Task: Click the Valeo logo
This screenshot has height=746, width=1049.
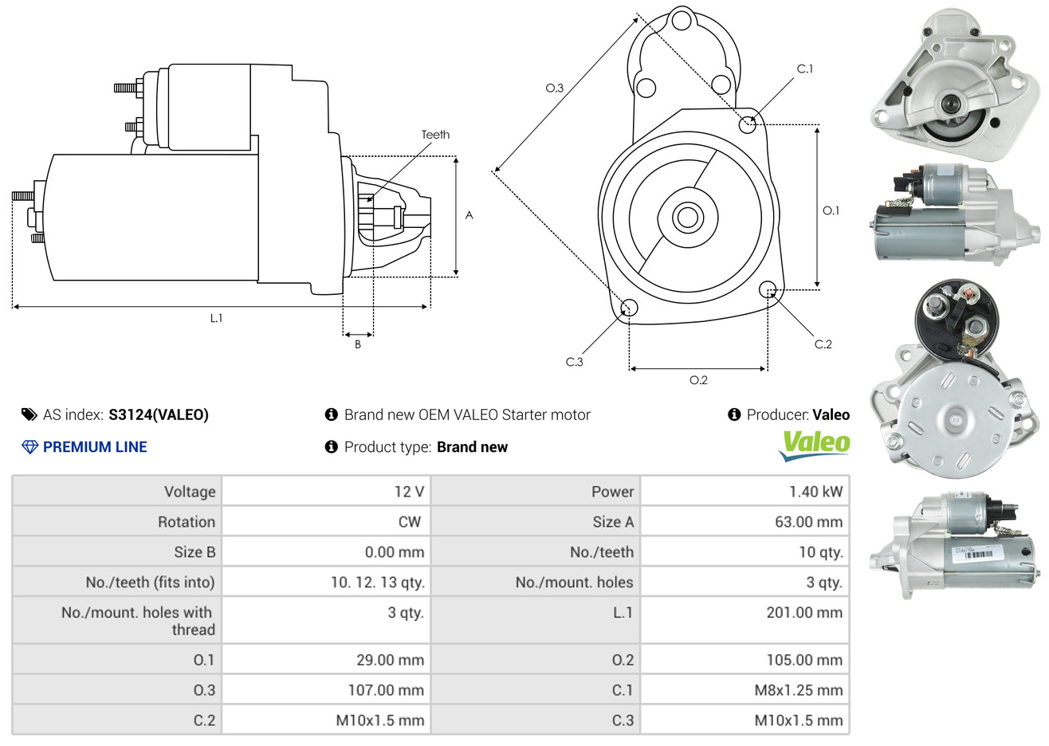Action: pyautogui.click(x=814, y=445)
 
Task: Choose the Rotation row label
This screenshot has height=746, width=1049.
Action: pyautogui.click(x=187, y=522)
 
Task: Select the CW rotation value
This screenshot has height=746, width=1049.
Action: pyautogui.click(x=409, y=522)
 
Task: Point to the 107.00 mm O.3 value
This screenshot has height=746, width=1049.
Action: pyautogui.click(x=386, y=690)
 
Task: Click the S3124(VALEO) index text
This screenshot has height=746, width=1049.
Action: pyautogui.click(x=159, y=414)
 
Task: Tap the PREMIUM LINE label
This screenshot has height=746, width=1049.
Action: pyautogui.click(x=95, y=447)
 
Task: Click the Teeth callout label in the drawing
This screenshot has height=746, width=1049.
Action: pyautogui.click(x=435, y=135)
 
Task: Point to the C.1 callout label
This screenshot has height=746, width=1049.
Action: pyautogui.click(x=805, y=69)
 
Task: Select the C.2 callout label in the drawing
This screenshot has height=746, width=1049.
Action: pyautogui.click(x=823, y=344)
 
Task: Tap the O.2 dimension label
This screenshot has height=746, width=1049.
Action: pyautogui.click(x=698, y=380)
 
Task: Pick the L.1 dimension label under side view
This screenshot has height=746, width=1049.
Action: pyautogui.click(x=216, y=318)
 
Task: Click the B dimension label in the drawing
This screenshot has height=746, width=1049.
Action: pyautogui.click(x=358, y=344)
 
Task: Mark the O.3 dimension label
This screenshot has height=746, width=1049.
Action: pyautogui.click(x=554, y=88)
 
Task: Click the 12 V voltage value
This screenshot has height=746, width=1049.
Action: pyautogui.click(x=409, y=492)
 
